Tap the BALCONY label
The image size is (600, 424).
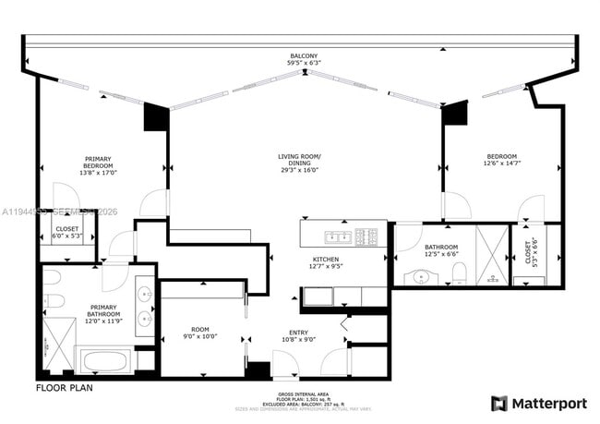coord(304,56)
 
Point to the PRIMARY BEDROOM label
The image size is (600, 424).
coord(98,162)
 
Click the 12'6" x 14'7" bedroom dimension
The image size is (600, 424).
coord(501,164)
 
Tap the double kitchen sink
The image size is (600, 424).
coord(319,297)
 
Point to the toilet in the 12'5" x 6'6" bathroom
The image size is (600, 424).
coord(461,272)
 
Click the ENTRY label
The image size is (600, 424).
coord(299,333)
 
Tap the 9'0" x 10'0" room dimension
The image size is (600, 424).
coord(200,336)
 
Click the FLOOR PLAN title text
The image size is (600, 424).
coord(65,388)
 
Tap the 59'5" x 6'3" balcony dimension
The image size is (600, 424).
coord(304,64)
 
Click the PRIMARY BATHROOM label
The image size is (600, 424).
coord(103,310)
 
